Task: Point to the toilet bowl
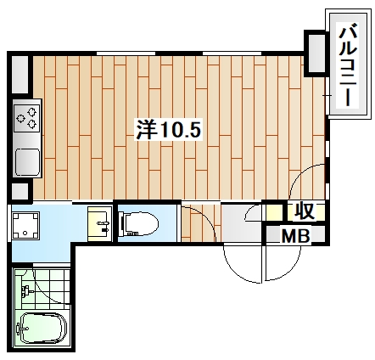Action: click(x=143, y=224)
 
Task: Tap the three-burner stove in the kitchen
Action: click(x=25, y=116)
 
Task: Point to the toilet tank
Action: click(x=123, y=224)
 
